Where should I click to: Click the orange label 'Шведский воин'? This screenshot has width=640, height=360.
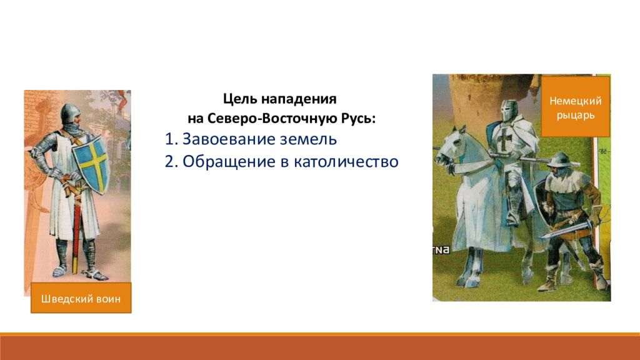pos(81,298)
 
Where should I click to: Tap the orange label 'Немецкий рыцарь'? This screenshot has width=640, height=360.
pos(576,107)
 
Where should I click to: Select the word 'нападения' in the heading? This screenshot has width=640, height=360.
pos(299,99)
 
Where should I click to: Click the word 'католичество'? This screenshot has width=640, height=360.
pos(346,162)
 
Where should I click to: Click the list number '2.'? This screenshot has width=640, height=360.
pos(171,162)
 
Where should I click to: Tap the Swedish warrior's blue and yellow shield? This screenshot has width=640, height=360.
pos(91,164)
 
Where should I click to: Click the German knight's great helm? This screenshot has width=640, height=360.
pos(509,111)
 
